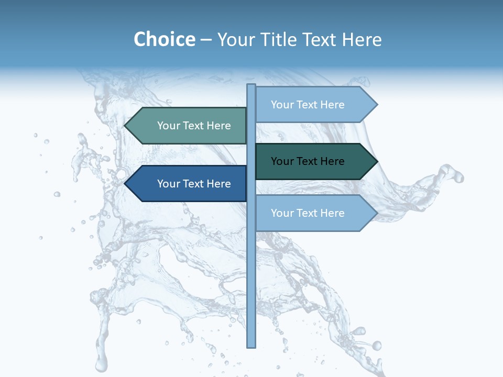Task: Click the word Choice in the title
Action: pyautogui.click(x=164, y=39)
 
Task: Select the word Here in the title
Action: pyautogui.click(x=362, y=39)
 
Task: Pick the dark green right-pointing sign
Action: pyautogui.click(x=314, y=161)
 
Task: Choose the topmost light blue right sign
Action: pyautogui.click(x=314, y=105)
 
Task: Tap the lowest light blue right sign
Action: pyautogui.click(x=314, y=213)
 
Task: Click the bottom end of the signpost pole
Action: pyautogui.click(x=251, y=346)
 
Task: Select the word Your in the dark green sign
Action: pyautogui.click(x=282, y=161)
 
